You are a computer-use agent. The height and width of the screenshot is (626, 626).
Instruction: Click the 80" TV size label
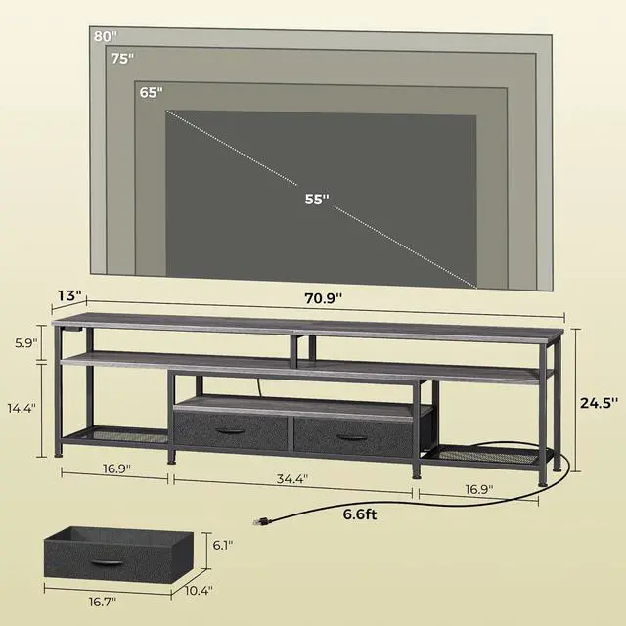point(105,36)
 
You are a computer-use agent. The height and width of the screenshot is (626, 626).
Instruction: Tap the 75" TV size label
point(121,58)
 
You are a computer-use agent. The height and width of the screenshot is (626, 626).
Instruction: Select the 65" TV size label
point(151,93)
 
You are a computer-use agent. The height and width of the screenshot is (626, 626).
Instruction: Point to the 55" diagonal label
point(315,200)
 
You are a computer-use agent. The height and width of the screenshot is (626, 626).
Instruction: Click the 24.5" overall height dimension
point(600,401)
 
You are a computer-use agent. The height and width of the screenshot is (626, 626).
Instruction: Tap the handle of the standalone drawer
point(106,559)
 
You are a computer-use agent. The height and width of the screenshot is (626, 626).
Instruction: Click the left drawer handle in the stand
point(230,431)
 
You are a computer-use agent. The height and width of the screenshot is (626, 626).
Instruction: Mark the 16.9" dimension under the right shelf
point(478,488)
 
